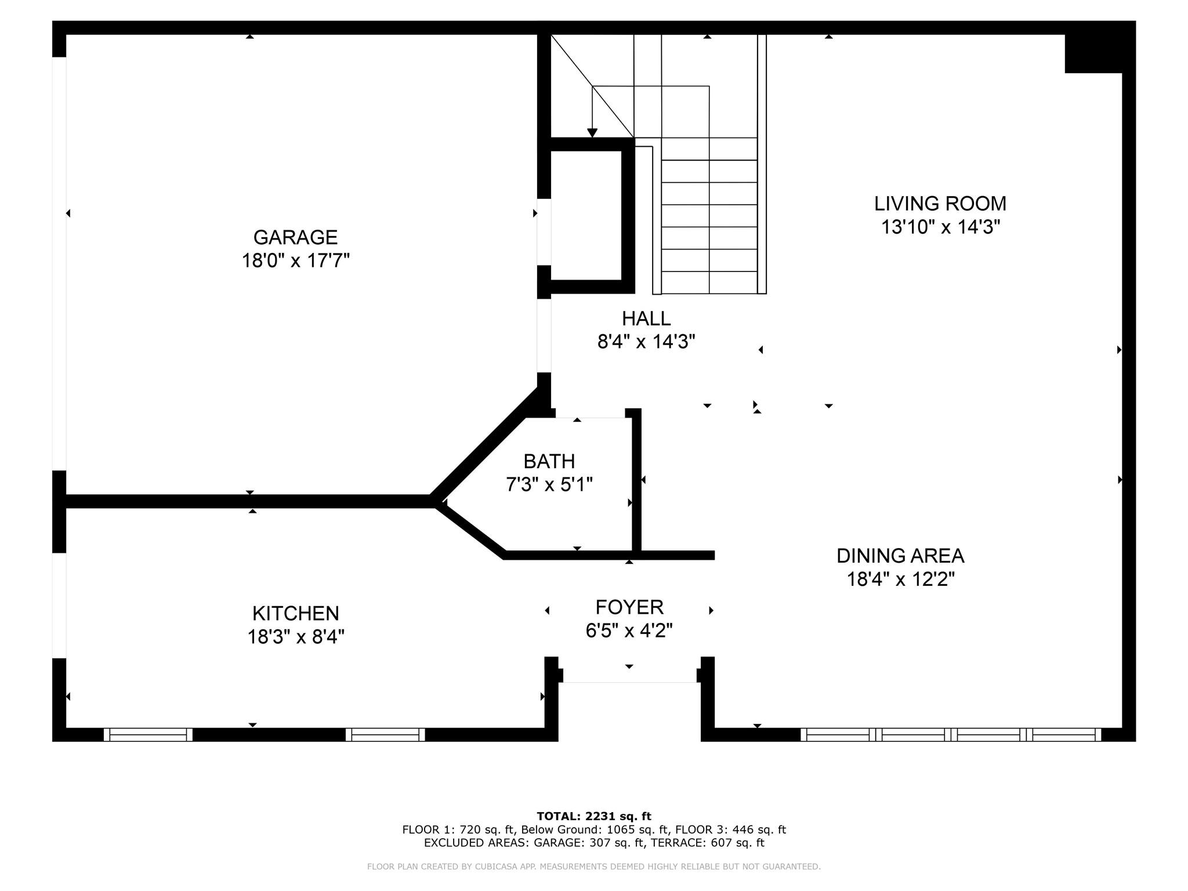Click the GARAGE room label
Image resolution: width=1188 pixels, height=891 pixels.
click(295, 237)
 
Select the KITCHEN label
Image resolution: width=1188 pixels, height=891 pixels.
click(296, 613)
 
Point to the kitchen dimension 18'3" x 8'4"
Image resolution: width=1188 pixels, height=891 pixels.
click(296, 637)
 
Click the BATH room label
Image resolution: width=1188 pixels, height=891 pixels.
click(549, 461)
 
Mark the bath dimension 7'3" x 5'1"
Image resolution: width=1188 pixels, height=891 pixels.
click(549, 484)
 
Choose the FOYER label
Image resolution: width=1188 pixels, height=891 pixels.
click(629, 607)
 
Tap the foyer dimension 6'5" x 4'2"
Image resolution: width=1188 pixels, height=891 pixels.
click(629, 630)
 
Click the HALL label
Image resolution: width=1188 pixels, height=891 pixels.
click(646, 318)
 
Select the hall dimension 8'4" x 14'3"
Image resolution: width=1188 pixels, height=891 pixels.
click(646, 342)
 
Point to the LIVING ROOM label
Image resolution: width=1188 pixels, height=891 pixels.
click(940, 204)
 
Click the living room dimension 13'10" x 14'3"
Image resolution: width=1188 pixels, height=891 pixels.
click(941, 227)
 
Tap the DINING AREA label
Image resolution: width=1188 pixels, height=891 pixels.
click(900, 556)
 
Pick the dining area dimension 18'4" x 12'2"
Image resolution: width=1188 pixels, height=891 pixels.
click(901, 579)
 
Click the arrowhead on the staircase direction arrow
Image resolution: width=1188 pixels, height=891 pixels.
click(592, 133)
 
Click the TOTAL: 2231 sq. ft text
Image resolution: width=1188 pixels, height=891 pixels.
click(594, 816)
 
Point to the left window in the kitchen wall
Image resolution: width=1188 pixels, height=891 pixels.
click(148, 734)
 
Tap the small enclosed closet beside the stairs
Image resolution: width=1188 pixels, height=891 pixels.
click(586, 215)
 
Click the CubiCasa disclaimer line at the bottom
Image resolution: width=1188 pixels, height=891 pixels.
click(594, 867)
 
